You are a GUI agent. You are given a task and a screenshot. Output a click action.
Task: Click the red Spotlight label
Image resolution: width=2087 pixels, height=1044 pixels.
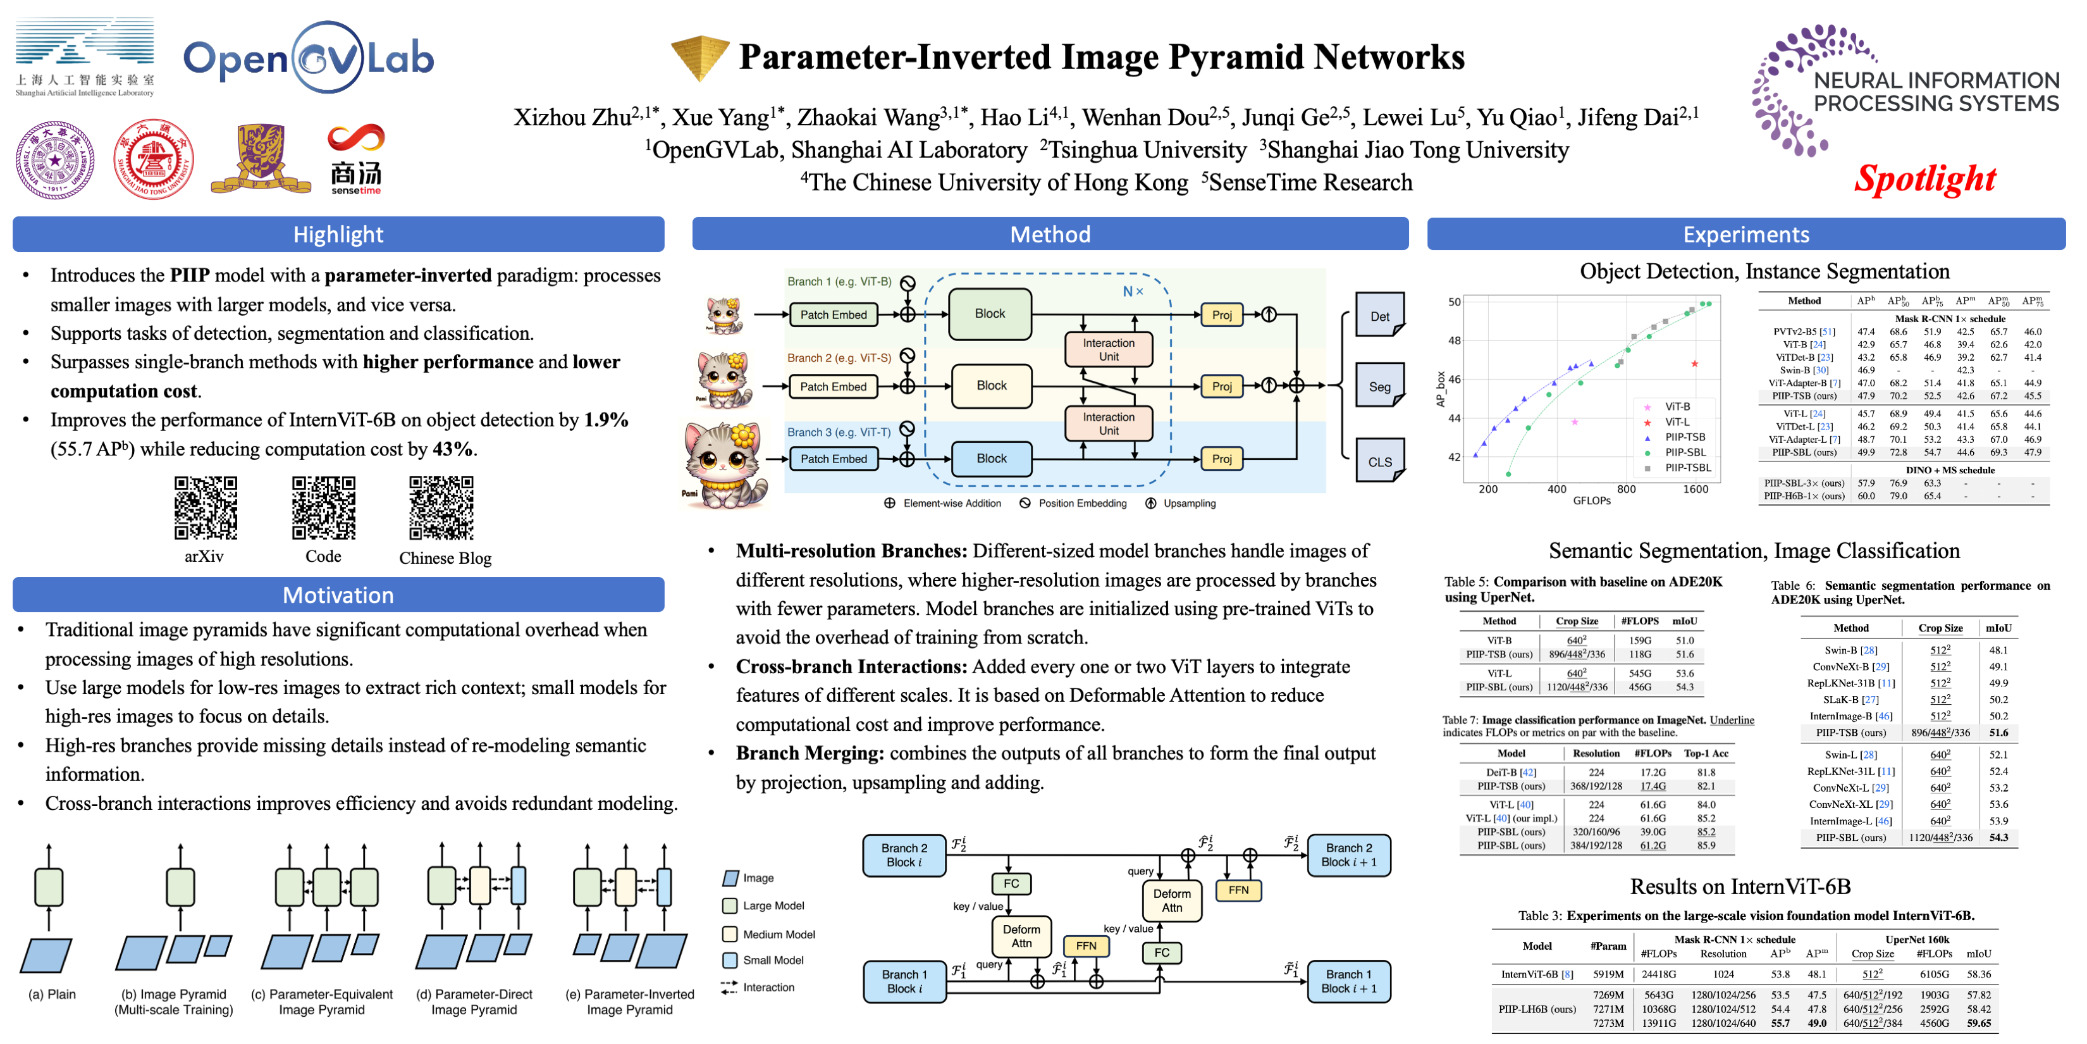click(1924, 179)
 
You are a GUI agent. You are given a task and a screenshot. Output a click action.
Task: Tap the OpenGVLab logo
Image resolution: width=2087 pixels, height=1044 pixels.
click(309, 58)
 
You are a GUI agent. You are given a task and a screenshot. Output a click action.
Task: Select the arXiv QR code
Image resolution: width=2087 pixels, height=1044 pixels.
click(206, 507)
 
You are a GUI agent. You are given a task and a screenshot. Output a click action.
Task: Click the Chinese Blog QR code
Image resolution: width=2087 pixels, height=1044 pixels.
click(441, 507)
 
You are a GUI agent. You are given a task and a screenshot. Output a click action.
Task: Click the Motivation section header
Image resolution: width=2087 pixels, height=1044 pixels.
click(338, 595)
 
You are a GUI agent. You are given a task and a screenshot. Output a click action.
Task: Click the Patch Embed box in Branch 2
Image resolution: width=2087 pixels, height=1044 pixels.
click(833, 387)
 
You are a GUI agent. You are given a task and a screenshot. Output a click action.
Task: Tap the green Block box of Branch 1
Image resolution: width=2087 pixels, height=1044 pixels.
click(989, 314)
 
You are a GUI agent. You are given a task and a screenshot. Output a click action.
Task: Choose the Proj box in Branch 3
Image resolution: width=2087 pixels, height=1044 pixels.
click(1221, 459)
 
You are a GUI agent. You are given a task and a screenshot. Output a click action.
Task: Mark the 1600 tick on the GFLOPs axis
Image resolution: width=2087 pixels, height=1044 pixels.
click(1695, 490)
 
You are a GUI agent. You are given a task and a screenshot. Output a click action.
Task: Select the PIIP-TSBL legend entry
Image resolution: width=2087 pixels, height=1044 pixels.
click(1687, 468)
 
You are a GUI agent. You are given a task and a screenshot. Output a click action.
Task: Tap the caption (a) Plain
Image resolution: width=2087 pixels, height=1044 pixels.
click(52, 995)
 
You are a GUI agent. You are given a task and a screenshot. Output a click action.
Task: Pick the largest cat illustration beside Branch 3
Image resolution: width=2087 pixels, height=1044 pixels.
click(723, 464)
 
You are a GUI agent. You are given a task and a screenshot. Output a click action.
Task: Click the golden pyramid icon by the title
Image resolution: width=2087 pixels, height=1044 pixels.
click(699, 57)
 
